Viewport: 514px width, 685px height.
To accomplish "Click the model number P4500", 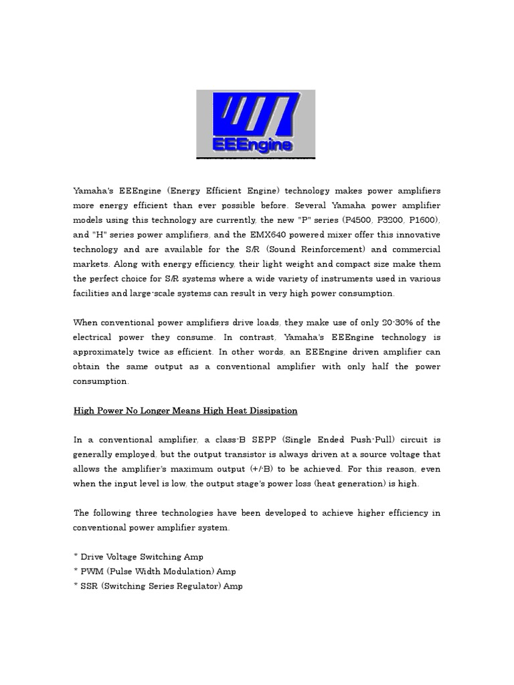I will pyautogui.click(x=357, y=220).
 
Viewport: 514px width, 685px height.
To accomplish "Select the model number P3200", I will pyautogui.click(x=392, y=220).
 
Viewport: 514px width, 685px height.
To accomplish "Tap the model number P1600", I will pyautogui.click(x=426, y=220).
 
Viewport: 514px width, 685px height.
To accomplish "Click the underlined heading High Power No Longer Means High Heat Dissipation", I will pyautogui.click(x=185, y=410).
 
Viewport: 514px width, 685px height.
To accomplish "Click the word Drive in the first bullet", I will pyautogui.click(x=92, y=557).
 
